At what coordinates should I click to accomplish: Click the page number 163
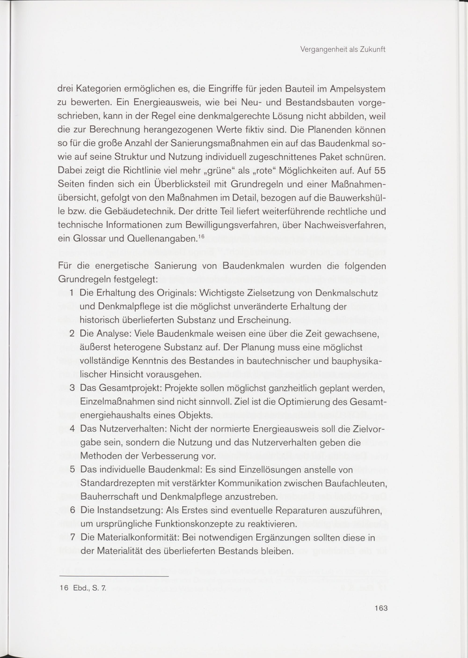click(381, 608)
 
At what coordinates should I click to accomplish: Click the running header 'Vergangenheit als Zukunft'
click(343, 50)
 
